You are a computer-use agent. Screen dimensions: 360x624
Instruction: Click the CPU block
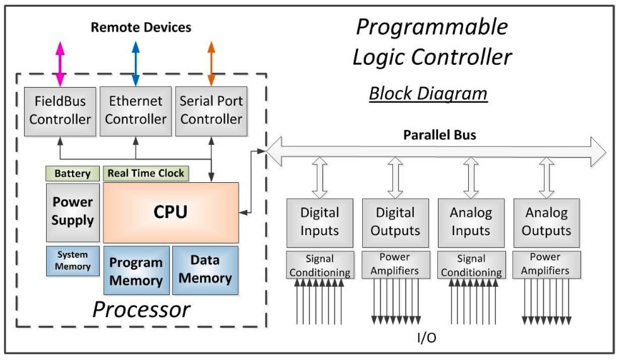point(171,212)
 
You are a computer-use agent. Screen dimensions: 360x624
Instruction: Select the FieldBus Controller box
point(60,110)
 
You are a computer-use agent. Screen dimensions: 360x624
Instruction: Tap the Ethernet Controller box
point(136,110)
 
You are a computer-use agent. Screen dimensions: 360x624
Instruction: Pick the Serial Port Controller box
point(211,110)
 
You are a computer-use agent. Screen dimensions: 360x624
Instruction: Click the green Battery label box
point(73,173)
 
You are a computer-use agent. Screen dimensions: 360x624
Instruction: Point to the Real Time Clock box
point(146,173)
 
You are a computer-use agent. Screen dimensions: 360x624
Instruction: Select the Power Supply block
point(73,212)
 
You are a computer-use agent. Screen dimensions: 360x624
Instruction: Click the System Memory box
point(73,261)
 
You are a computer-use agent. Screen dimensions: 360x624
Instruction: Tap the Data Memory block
point(205,270)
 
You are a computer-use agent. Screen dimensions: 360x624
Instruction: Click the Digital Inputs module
point(319,222)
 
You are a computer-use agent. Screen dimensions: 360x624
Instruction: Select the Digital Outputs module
point(395,222)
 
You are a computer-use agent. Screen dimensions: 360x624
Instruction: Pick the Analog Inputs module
point(471,222)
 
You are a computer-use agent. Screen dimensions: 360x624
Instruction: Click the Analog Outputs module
point(546,222)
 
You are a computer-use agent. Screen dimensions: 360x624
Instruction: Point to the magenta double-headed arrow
point(60,63)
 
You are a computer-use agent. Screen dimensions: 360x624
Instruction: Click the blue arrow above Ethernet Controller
point(136,63)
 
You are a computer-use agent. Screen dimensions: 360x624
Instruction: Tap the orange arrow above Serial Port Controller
point(211,63)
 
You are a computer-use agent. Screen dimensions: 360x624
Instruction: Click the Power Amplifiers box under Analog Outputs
point(546,264)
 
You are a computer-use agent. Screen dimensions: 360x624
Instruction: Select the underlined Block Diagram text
point(428,94)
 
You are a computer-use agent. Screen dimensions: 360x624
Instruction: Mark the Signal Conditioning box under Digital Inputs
point(319,265)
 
